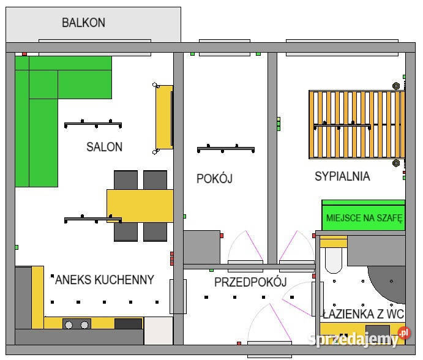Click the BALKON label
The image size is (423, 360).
83,23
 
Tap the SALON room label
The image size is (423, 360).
105,147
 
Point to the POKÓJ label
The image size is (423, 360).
214,178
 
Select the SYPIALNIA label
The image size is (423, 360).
342,176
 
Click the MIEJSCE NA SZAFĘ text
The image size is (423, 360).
364,218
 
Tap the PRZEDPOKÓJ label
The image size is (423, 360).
250,282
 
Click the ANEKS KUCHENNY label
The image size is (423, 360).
105,280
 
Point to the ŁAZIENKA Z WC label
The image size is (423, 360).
363,314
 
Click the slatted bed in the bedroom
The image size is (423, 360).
357,124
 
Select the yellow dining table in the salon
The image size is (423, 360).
140,206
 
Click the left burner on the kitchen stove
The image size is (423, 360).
69,325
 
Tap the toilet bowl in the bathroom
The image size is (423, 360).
334,260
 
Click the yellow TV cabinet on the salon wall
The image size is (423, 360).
164,117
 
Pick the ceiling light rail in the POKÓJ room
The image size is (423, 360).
225,149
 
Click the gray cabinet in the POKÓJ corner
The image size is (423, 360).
202,247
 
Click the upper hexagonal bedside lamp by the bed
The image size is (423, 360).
396,86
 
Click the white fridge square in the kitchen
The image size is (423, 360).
159,331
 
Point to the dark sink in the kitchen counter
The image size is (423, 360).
128,324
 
